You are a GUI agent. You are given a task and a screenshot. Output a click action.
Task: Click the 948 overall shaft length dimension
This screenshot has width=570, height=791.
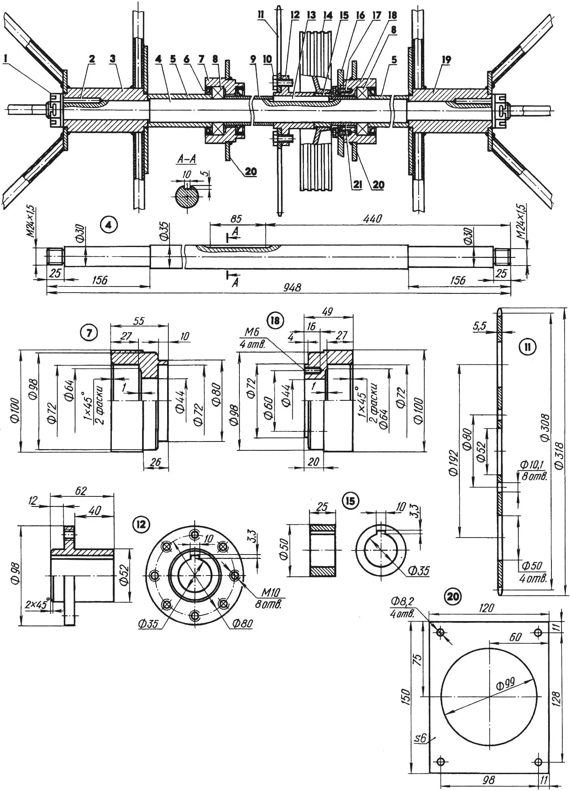point(292,287)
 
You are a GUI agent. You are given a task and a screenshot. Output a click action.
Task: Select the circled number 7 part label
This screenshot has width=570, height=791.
point(89,333)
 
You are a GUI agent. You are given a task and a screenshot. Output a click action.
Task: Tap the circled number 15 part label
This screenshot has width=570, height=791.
point(350,501)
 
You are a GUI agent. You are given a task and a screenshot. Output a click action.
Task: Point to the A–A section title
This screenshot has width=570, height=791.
point(187,159)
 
